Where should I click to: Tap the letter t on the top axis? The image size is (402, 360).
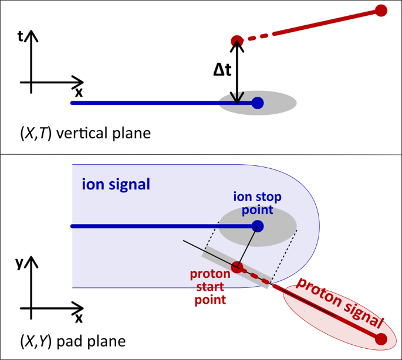pos(21,36)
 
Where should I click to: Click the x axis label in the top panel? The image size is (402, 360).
pos(78,92)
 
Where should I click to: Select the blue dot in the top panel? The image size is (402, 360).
pos(257,103)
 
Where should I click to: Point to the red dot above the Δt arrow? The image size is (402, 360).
pos(237,40)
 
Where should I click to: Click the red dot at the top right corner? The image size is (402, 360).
pos(381,10)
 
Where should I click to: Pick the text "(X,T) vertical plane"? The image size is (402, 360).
pos(86,133)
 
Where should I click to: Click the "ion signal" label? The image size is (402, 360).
pos(116,185)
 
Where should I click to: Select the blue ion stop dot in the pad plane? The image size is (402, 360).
pos(257,226)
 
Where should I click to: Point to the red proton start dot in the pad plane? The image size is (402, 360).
pos(237,268)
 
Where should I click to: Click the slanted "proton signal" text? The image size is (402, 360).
pos(340,303)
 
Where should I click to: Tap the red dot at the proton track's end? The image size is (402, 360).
pos(381,339)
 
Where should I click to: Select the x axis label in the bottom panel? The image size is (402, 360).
pos(78,318)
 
